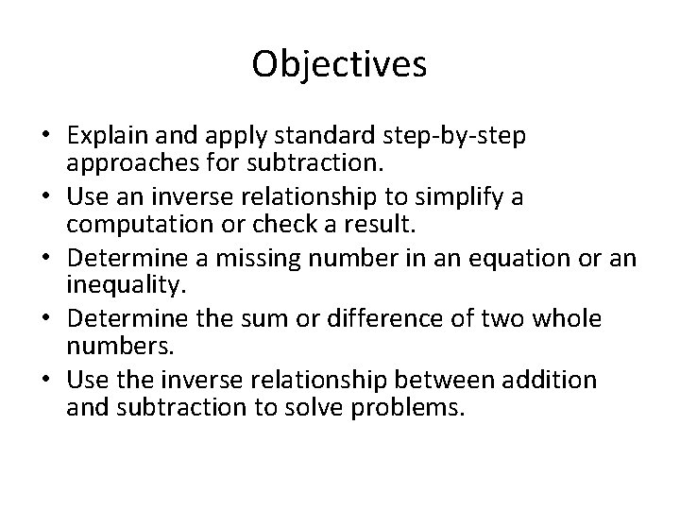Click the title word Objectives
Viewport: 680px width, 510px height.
[340, 65]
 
